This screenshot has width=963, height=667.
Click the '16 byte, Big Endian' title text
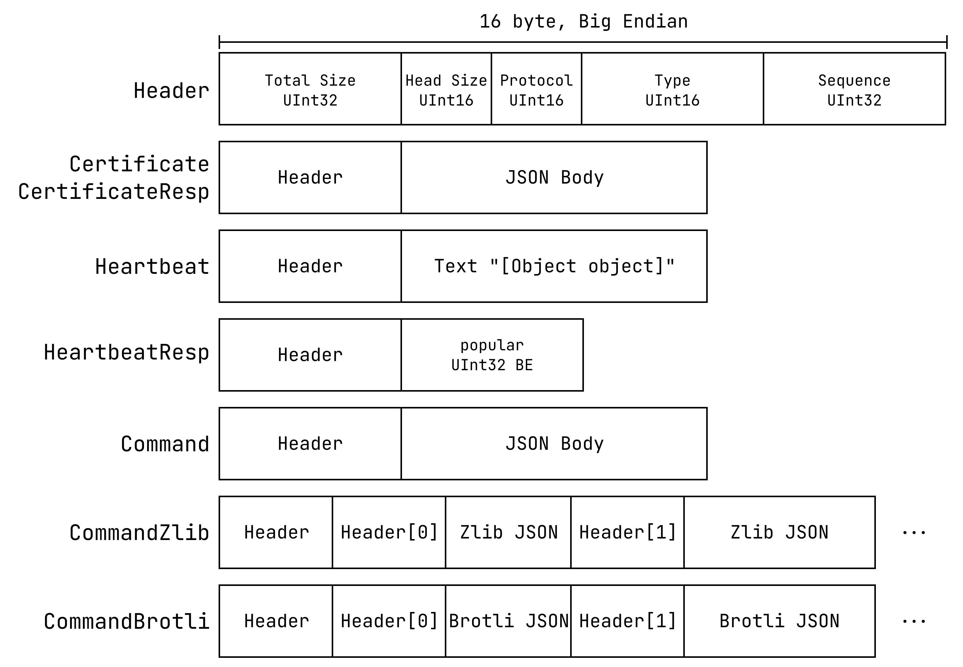583,22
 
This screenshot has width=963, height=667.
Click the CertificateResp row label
114,192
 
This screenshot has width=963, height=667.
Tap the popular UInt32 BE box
492,355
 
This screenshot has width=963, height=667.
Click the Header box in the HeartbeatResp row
310,355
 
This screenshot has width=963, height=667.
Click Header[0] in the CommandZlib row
389,532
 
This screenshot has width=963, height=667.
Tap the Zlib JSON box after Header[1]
779,532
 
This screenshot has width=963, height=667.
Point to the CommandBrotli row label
126,621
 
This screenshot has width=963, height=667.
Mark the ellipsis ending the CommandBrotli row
914,621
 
